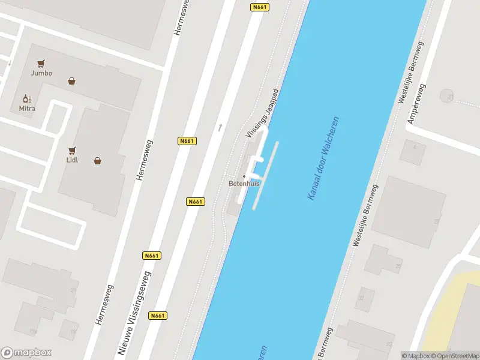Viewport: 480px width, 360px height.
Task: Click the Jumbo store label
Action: click(41, 73)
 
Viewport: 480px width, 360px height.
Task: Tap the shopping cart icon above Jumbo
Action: click(41, 63)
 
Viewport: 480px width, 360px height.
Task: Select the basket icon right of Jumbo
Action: click(72, 81)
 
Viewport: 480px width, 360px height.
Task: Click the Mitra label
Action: click(27, 109)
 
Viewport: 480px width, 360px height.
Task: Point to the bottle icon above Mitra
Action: click(27, 98)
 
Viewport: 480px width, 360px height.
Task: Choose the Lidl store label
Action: click(72, 160)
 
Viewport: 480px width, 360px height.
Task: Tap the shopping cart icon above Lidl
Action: click(73, 150)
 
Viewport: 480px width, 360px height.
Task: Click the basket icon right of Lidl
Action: click(97, 161)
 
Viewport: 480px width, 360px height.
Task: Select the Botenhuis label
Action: click(244, 184)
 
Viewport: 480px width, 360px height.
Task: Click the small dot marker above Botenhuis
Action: click(244, 176)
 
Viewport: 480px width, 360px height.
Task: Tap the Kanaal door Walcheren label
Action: click(323, 158)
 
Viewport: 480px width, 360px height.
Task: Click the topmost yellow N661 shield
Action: click(259, 7)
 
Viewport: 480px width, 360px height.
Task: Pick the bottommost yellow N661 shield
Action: click(158, 316)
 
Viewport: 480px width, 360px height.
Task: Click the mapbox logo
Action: click(26, 352)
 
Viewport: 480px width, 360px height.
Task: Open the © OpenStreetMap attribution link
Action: click(454, 356)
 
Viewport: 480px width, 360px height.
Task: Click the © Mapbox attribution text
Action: click(415, 356)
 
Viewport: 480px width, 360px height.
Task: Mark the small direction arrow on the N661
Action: click(220, 127)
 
